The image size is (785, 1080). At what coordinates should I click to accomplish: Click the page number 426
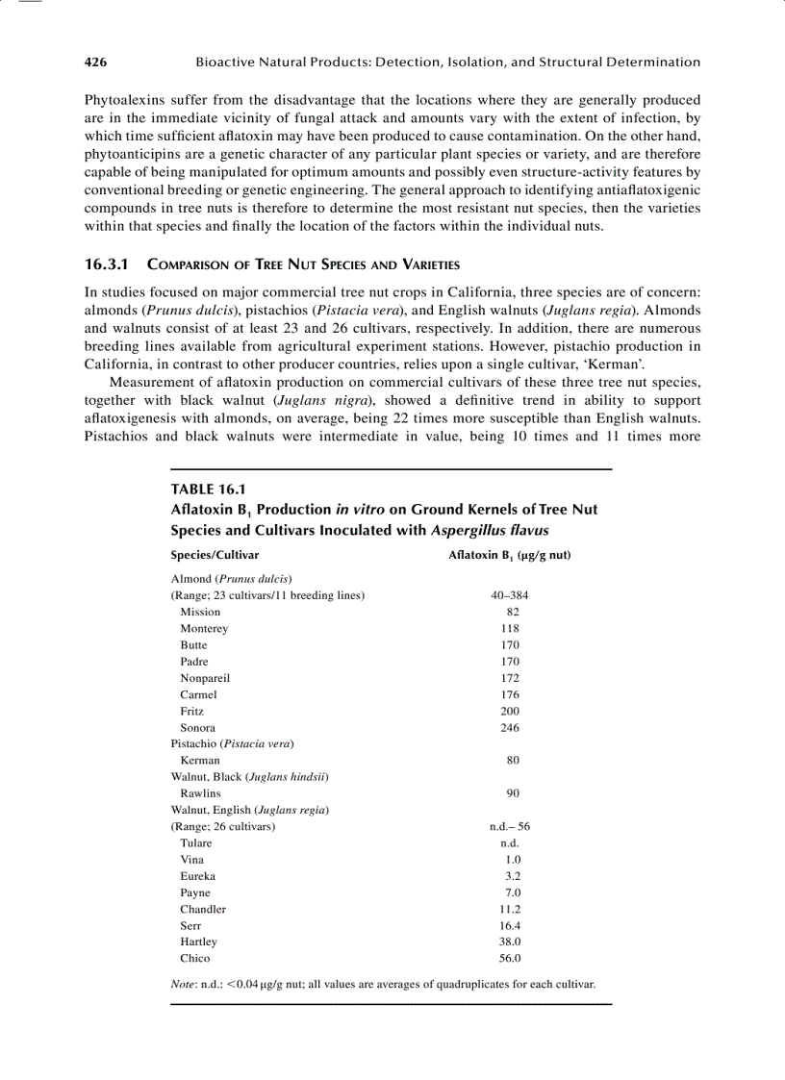(x=95, y=63)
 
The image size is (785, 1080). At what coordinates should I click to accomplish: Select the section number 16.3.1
(x=111, y=264)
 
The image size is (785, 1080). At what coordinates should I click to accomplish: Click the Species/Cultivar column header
(x=215, y=555)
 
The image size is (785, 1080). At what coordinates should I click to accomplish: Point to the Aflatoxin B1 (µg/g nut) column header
(x=510, y=555)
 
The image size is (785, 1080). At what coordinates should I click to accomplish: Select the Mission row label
(x=200, y=612)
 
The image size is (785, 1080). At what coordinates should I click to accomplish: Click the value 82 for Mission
(x=513, y=612)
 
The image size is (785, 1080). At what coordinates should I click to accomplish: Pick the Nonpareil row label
(x=205, y=678)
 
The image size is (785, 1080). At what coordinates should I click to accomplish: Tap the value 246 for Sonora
(x=510, y=728)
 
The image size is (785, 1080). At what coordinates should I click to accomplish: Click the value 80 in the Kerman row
(x=513, y=761)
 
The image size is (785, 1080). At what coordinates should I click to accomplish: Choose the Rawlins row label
(x=200, y=793)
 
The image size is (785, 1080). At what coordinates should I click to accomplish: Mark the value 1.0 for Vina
(x=513, y=860)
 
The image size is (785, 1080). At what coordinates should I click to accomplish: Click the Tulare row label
(x=196, y=843)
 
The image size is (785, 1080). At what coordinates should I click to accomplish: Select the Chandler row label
(x=203, y=909)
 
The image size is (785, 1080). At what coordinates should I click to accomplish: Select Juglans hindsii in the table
(x=289, y=777)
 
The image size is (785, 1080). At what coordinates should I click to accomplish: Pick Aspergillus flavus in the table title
(x=491, y=530)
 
